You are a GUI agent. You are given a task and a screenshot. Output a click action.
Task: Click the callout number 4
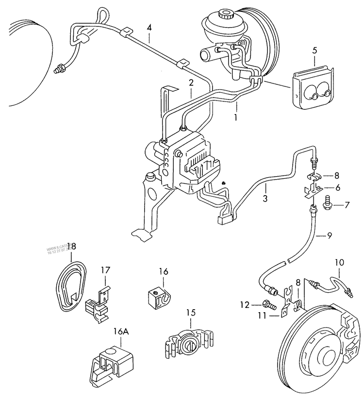[x=149, y=27]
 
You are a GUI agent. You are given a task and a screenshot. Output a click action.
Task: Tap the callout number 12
[x=244, y=305]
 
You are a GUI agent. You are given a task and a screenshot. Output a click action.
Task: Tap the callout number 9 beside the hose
[x=329, y=236]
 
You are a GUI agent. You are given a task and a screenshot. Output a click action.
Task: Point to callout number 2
[x=191, y=83]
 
